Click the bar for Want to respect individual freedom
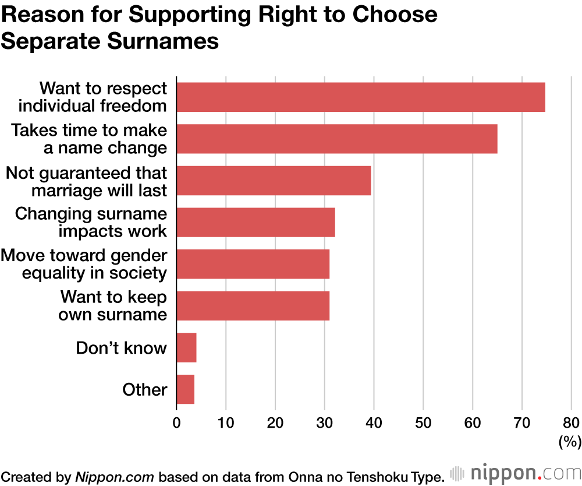point(361,97)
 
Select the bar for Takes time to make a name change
point(336,139)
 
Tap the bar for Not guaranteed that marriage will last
point(274,181)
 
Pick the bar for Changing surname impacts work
point(255,222)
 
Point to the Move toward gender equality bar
point(253,264)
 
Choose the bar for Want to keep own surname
point(253,306)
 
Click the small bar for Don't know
point(186,348)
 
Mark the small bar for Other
point(185,390)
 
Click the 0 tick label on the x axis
point(176,423)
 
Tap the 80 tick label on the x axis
point(572,423)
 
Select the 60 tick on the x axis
point(473,423)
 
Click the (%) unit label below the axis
point(570,442)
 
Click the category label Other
point(144,390)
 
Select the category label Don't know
point(121,348)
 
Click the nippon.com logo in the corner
point(515,473)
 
